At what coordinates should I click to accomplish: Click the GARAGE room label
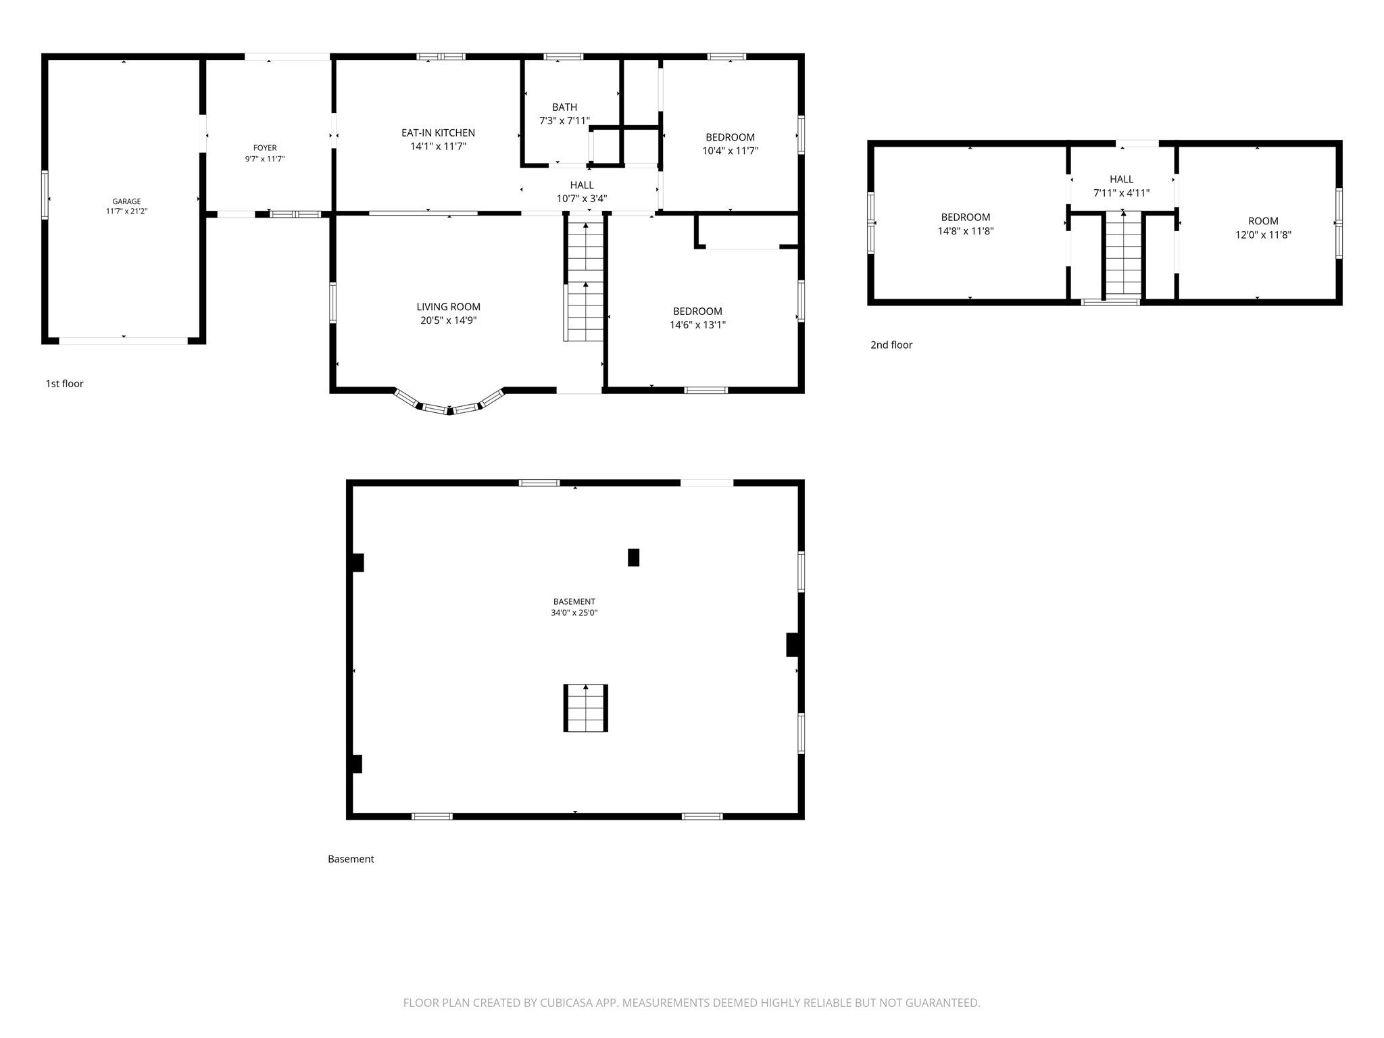(126, 201)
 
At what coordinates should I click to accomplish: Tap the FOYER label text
(265, 148)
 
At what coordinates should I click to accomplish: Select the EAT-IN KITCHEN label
(438, 133)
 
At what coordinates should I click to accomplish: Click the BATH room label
(564, 107)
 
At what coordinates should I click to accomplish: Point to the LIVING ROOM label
(449, 307)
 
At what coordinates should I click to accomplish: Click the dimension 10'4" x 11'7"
(731, 151)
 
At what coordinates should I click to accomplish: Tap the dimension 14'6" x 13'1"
(698, 325)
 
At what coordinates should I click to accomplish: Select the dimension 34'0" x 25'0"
(574, 613)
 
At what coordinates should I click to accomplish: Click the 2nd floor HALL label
(1122, 180)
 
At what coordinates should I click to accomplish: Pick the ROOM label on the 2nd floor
(1263, 221)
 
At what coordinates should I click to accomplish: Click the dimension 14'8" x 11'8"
(966, 231)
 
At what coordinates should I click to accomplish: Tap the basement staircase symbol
(586, 708)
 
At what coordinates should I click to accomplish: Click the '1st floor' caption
(65, 384)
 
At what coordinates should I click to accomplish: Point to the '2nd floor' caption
(891, 345)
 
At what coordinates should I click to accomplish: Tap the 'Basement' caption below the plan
(351, 860)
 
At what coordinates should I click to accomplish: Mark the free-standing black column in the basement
(634, 558)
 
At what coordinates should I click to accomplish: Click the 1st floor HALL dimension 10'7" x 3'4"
(582, 199)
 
